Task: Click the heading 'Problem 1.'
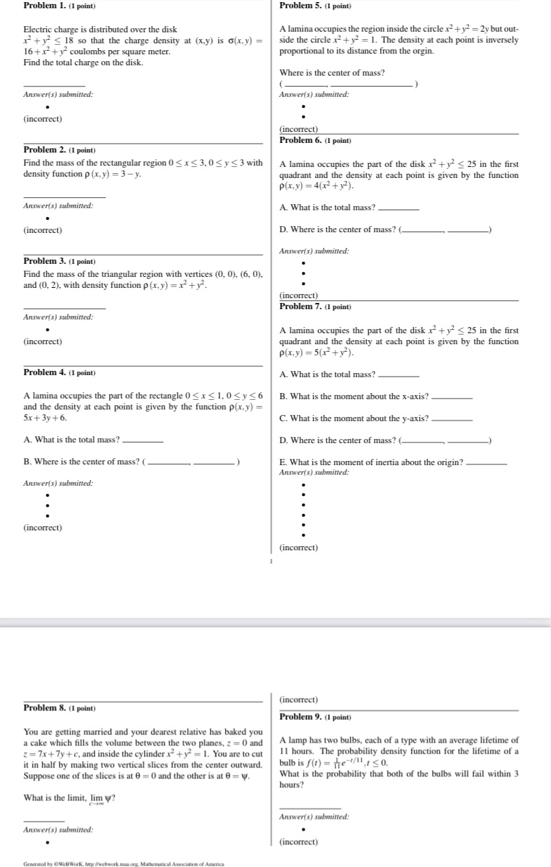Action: click(x=46, y=5)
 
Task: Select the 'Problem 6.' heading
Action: click(x=302, y=140)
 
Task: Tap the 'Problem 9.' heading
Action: click(x=302, y=717)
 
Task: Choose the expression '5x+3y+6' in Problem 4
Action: click(x=45, y=418)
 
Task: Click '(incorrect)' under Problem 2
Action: click(x=43, y=230)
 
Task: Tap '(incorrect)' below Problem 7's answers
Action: click(x=298, y=548)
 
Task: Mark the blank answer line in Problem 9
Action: click(x=310, y=807)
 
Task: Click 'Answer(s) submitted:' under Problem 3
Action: click(x=58, y=317)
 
